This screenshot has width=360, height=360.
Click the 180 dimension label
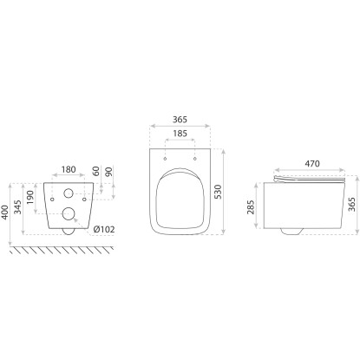coord(69,169)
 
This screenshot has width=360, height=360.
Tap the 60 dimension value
coord(95,171)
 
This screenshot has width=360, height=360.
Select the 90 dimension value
coord(109,172)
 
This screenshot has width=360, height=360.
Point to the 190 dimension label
coord(30,197)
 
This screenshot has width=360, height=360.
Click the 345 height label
coord(18,207)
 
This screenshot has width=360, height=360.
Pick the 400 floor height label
coord(5,213)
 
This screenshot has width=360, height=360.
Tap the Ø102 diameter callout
coord(104,230)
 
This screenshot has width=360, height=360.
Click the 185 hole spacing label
coord(180,134)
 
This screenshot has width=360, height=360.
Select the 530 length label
coord(218,192)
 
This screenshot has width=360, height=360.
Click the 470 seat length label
coord(312,164)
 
